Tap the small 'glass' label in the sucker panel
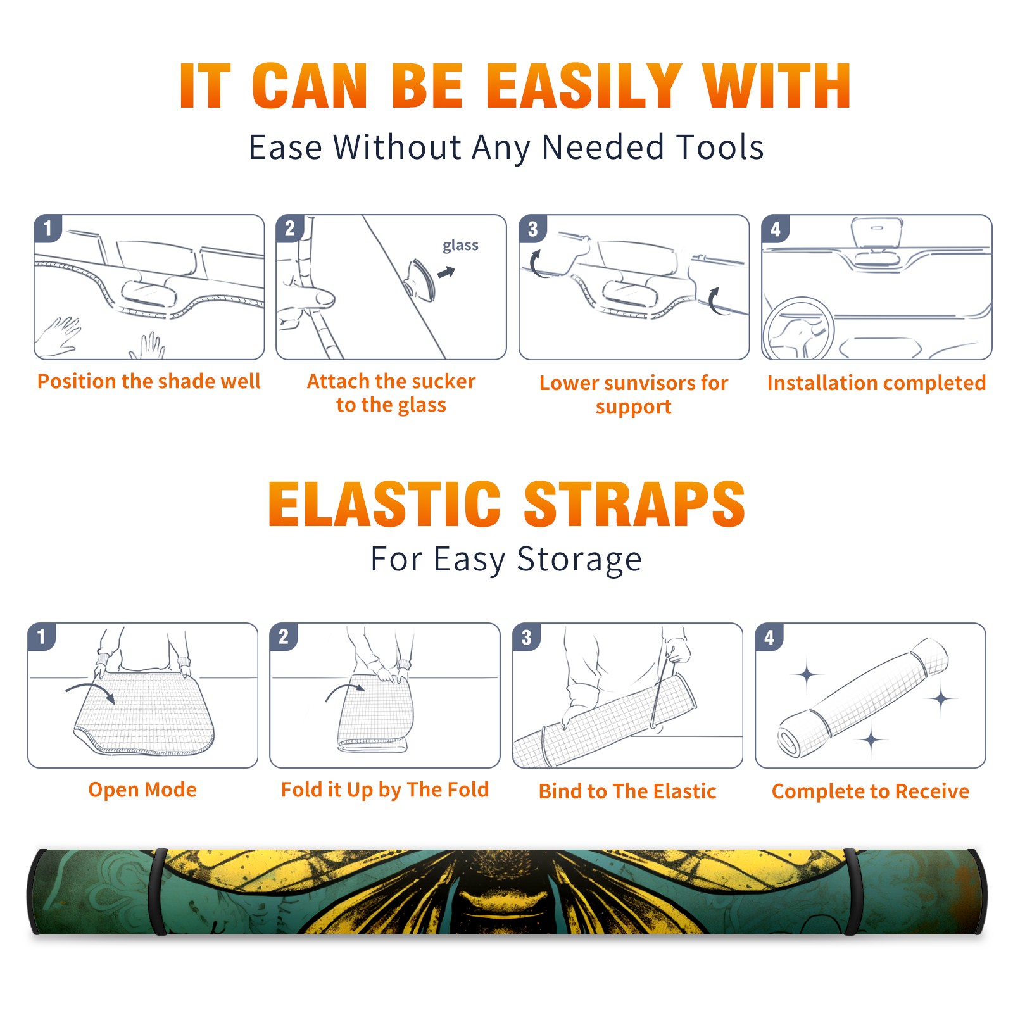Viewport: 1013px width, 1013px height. click(x=460, y=246)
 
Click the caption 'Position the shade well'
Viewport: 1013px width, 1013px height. click(x=149, y=381)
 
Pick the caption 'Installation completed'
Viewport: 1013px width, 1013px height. click(x=876, y=383)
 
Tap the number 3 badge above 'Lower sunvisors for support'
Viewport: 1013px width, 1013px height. click(x=533, y=229)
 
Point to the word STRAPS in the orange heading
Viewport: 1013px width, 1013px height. click(x=634, y=504)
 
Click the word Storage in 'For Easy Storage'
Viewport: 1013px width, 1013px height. click(x=579, y=560)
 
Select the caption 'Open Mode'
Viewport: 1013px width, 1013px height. click(x=142, y=790)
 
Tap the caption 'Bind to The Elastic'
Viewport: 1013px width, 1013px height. click(x=627, y=791)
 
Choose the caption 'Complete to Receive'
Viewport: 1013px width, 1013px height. click(x=871, y=791)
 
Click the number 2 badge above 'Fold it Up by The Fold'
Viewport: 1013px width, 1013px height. click(x=284, y=637)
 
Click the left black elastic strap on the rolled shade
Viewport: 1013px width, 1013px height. click(x=158, y=892)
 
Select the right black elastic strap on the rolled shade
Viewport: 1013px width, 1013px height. click(x=852, y=892)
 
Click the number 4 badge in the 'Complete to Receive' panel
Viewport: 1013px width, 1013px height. click(x=769, y=637)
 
